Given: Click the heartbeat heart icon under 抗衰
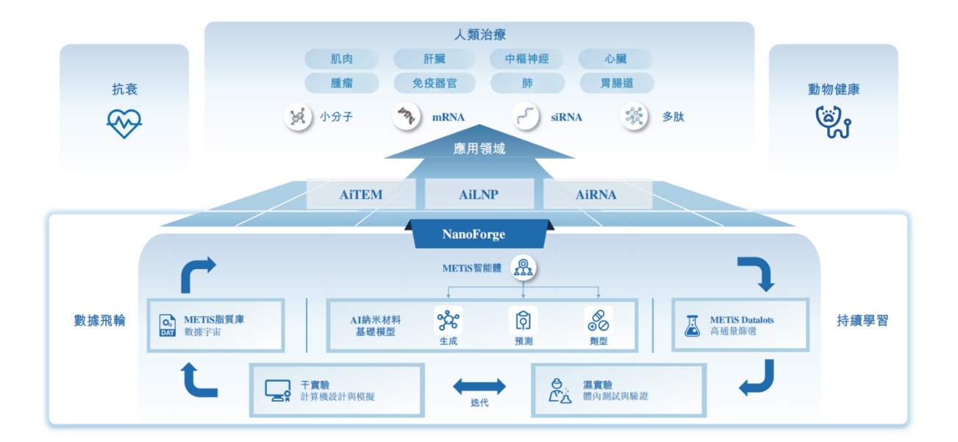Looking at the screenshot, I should tap(124, 124).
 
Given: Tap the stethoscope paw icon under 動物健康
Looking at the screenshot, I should tap(834, 123).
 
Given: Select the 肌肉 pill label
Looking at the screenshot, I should tap(341, 59).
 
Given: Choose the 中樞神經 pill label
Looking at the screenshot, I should tap(526, 59).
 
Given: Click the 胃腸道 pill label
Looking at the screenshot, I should tap(616, 83).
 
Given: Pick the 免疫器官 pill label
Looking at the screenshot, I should tap(435, 83).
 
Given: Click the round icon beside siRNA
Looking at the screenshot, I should tap(526, 116).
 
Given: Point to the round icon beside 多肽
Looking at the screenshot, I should tap(635, 116).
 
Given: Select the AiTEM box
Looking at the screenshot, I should tap(361, 195).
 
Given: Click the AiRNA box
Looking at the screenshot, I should tap(596, 195).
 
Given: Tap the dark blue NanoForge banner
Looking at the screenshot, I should tap(479, 235).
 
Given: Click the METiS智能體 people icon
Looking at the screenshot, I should tap(523, 268).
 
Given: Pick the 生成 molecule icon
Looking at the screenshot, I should tap(448, 321).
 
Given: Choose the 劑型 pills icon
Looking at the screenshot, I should tap(598, 321).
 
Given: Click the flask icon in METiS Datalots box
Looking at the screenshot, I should tap(691, 326).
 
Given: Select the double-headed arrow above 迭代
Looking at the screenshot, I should tap(479, 385).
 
